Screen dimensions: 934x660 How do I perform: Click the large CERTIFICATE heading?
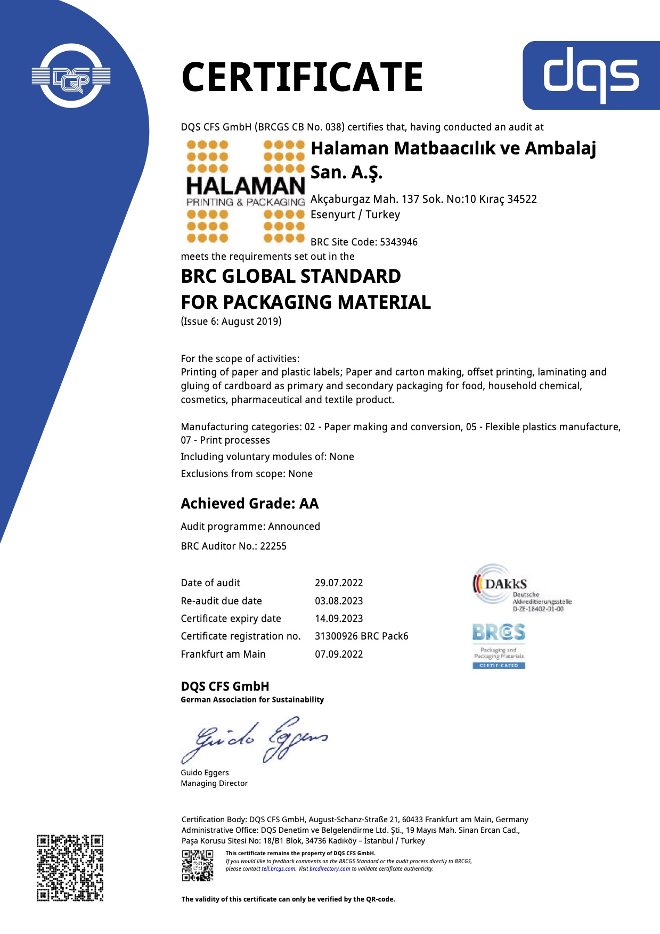point(302,77)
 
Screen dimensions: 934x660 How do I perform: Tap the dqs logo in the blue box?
point(591,75)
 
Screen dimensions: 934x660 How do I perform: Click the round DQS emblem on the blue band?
point(71,77)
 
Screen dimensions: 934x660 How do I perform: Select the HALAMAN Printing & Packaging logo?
point(246,192)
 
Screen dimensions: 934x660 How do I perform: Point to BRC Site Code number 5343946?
point(398,242)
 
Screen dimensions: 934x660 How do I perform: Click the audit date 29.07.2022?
point(339,583)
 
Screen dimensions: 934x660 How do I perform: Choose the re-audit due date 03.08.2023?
point(339,601)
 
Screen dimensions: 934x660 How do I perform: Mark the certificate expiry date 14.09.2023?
point(339,619)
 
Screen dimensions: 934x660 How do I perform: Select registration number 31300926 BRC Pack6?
point(361,636)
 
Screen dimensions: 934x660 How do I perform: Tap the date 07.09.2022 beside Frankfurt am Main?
point(339,654)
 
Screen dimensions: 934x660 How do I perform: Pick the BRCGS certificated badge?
point(499,646)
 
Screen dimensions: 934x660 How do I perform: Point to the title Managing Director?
point(214,783)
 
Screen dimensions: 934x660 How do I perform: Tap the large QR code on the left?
point(70,868)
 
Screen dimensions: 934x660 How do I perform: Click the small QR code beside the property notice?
point(198,865)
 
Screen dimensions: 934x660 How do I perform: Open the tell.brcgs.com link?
point(278,869)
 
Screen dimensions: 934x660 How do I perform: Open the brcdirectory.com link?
point(330,869)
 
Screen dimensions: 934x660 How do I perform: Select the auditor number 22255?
point(273,546)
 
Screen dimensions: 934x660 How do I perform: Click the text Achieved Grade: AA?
point(249,504)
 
